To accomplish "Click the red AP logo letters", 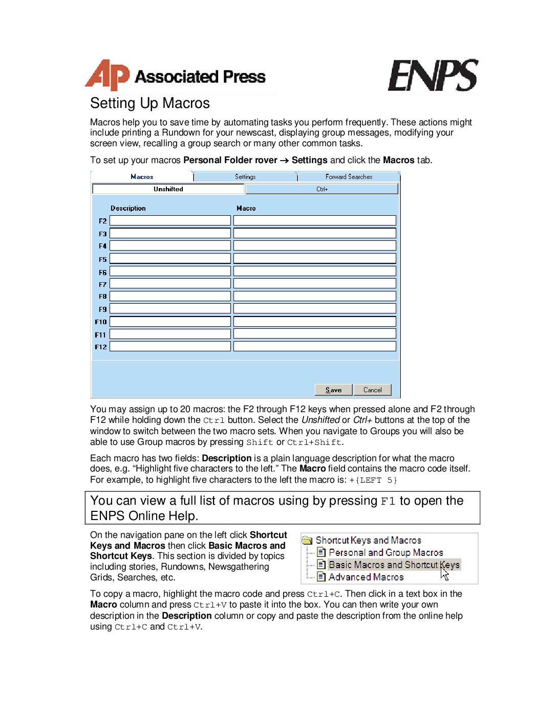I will [x=106, y=76].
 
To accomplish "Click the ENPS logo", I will [x=433, y=76].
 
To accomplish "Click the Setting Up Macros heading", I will [x=150, y=103].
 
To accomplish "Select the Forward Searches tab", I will [x=349, y=177].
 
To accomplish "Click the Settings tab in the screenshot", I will [x=245, y=177].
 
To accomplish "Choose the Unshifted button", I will [x=168, y=189].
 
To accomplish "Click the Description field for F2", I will [x=170, y=220].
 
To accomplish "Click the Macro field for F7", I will [x=314, y=284].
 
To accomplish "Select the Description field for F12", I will [x=170, y=347].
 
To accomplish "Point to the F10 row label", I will [x=101, y=322].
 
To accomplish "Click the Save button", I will [x=333, y=390].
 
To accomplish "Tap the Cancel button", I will [x=372, y=390].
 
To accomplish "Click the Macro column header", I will [x=246, y=208].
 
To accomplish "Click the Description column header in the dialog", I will [x=128, y=208].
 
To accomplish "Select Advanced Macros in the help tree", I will [x=366, y=577].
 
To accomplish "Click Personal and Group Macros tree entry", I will [x=385, y=553].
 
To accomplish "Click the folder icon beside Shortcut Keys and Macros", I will [x=307, y=541].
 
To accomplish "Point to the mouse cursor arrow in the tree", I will [x=444, y=574].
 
